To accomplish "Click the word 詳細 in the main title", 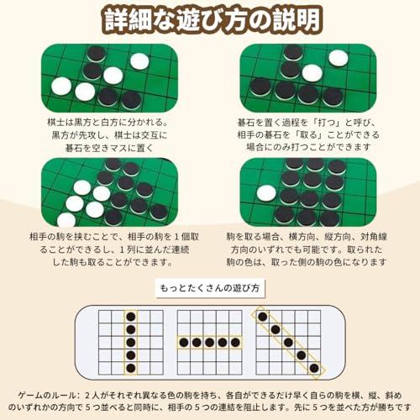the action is click(x=128, y=20).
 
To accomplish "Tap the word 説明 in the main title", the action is click(x=297, y=20).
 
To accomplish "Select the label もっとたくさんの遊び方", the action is click(x=210, y=288).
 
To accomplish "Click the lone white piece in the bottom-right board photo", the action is click(x=266, y=193).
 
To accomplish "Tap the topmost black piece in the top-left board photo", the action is click(x=97, y=54).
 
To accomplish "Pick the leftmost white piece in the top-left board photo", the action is click(x=61, y=86).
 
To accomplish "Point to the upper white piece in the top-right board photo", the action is click(x=339, y=58).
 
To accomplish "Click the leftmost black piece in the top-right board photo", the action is click(x=260, y=87).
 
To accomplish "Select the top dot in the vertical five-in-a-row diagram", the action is click(x=131, y=317).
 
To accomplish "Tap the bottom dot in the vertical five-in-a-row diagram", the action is click(x=131, y=368).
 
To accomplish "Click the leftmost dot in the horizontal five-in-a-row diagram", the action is click(x=184, y=342).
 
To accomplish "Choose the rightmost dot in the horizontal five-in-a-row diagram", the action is click(x=235, y=342).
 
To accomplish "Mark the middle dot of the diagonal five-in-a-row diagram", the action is click(x=288, y=342).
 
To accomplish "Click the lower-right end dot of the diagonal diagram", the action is click(x=314, y=368).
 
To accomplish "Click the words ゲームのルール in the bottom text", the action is click(x=47, y=396).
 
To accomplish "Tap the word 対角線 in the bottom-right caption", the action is click(x=374, y=237).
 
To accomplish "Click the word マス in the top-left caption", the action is click(x=118, y=148).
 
